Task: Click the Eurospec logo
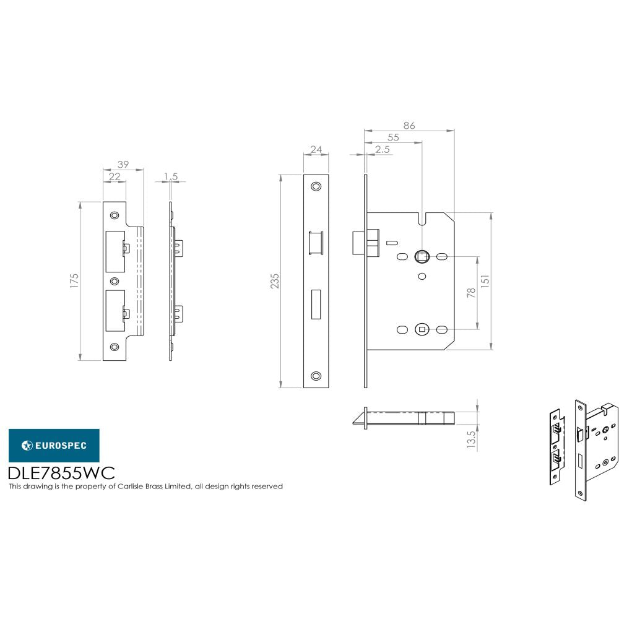(x=53, y=445)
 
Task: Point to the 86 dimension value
(x=409, y=126)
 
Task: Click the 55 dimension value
(x=393, y=137)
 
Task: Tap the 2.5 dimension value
(x=382, y=150)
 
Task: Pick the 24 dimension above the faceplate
(x=316, y=149)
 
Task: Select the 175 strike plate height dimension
(x=74, y=280)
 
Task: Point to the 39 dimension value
(x=123, y=164)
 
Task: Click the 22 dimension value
(x=114, y=176)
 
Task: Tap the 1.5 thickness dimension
(x=171, y=176)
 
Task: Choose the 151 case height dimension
(x=487, y=280)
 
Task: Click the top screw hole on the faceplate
(x=316, y=186)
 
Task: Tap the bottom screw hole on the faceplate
(x=316, y=375)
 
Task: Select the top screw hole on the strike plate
(x=114, y=215)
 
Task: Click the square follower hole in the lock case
(x=422, y=256)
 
